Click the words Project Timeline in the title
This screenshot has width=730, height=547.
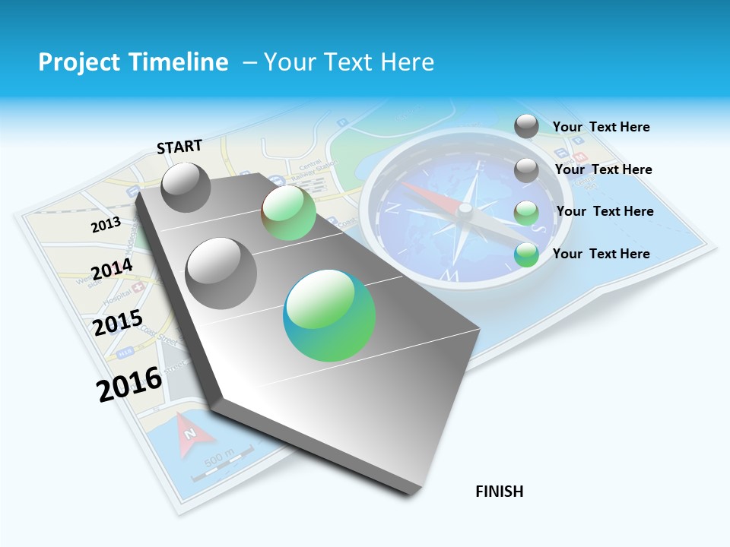tap(133, 62)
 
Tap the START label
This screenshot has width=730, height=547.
tap(179, 147)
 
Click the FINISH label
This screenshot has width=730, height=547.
tap(500, 492)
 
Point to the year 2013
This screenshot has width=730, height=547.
tap(106, 225)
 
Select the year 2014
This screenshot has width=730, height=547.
tap(112, 270)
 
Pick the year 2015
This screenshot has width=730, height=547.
tap(118, 322)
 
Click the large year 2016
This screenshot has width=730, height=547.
tap(129, 383)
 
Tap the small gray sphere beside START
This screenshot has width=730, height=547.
tap(186, 187)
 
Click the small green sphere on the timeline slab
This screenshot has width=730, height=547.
tap(288, 213)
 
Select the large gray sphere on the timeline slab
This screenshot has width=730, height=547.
tap(221, 273)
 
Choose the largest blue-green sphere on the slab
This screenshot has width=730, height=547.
tap(329, 315)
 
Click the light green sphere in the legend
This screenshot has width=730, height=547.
tap(526, 213)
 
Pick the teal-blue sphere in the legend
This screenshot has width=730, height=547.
tap(526, 255)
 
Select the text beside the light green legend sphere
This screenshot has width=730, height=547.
tap(605, 211)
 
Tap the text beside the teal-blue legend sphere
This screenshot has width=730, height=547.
tap(601, 254)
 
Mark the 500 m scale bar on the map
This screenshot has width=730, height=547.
tap(221, 465)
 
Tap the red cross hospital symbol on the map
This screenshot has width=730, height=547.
tap(138, 288)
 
